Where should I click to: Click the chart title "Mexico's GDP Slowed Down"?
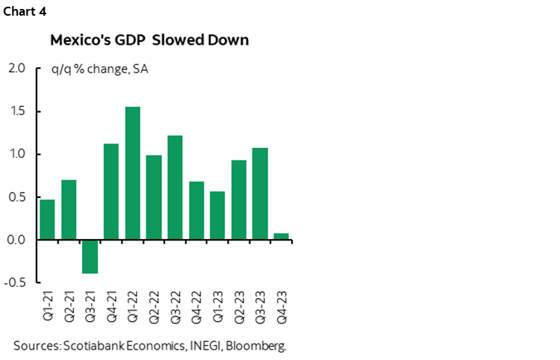(149, 40)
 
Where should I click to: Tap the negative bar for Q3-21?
(90, 256)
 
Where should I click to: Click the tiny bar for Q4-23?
(281, 237)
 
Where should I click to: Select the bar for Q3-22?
(175, 187)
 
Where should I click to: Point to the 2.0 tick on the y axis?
(17, 69)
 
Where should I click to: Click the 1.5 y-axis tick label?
(17, 111)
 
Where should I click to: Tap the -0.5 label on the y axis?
(16, 283)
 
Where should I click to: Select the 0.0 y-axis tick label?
(17, 240)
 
